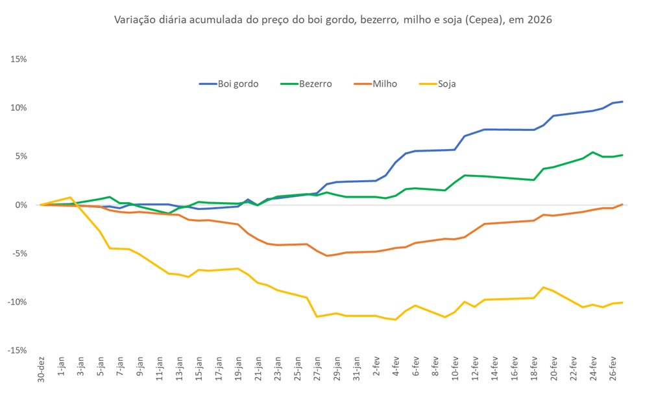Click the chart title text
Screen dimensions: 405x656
(333, 20)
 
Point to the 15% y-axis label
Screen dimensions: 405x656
(18, 59)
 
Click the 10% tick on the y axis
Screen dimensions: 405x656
(18, 108)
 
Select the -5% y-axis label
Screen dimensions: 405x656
(19, 253)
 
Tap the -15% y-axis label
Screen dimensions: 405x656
(17, 351)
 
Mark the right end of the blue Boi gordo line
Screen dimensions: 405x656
(622, 102)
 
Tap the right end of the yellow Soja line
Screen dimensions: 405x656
(622, 303)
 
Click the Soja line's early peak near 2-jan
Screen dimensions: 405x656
(70, 197)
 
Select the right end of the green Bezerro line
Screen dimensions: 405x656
(622, 155)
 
